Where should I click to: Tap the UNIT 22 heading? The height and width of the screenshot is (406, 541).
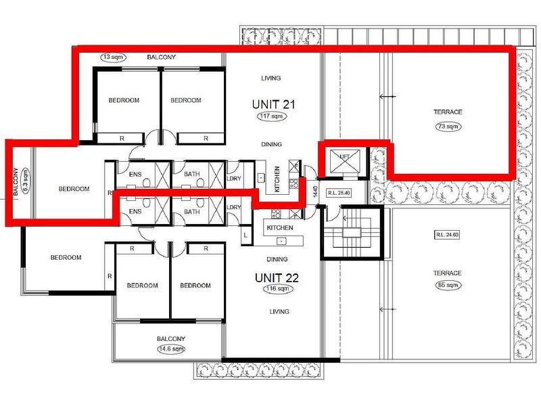coord(276,277)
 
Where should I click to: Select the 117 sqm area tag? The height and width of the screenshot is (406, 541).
coord(273,117)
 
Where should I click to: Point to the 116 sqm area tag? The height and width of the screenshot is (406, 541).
coord(275,289)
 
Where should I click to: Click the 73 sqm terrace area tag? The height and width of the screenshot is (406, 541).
coord(448,127)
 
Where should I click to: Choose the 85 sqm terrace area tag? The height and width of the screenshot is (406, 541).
coord(447,285)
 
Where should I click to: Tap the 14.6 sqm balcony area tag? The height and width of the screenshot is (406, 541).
coord(169,349)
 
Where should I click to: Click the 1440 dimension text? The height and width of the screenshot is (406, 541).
coord(314,192)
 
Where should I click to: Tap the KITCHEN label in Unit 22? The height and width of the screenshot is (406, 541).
coord(281,228)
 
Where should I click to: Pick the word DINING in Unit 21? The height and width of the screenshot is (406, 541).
coord(273,144)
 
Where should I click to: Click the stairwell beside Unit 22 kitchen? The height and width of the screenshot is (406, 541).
coord(352,233)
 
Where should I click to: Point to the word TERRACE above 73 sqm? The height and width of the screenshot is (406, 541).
coord(448,112)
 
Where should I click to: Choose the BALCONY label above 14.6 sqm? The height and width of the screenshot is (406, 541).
coord(169,338)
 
